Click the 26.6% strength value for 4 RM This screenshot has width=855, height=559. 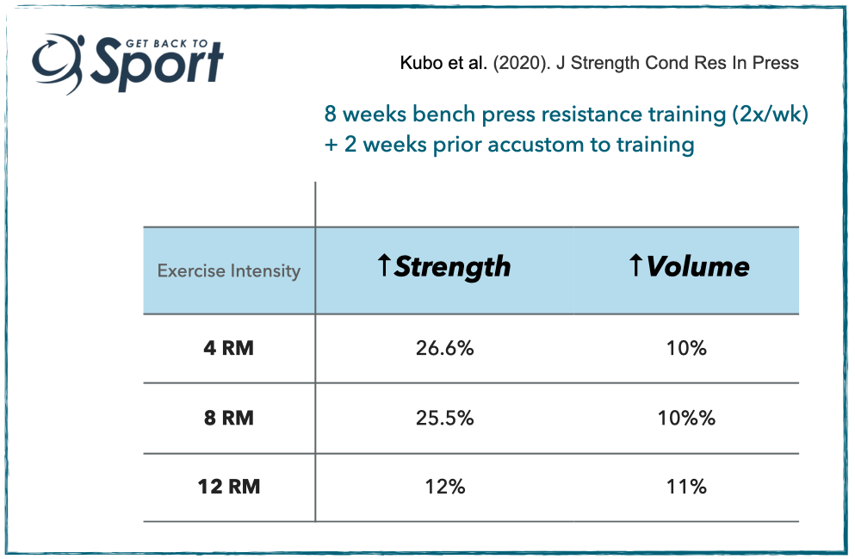pyautogui.click(x=444, y=348)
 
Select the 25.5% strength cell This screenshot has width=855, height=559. pyautogui.click(x=444, y=418)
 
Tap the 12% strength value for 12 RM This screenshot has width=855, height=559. pyautogui.click(x=445, y=487)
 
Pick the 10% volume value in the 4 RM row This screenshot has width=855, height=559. pyautogui.click(x=686, y=348)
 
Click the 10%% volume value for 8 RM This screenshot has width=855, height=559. pyautogui.click(x=686, y=418)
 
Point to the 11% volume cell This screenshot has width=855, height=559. pyautogui.click(x=686, y=487)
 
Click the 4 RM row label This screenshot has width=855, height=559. pyautogui.click(x=228, y=348)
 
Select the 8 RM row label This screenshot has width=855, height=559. pyautogui.click(x=228, y=418)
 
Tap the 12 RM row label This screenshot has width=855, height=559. pyautogui.click(x=228, y=487)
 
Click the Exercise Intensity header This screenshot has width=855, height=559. pyautogui.click(x=229, y=270)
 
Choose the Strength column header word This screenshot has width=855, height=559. pyautogui.click(x=453, y=267)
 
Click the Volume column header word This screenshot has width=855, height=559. pyautogui.click(x=698, y=266)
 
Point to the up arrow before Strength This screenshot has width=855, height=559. pyautogui.click(x=384, y=265)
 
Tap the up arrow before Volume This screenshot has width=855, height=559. pyautogui.click(x=635, y=265)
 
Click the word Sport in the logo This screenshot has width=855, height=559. pyautogui.click(x=157, y=64)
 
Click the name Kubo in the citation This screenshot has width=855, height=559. pyautogui.click(x=421, y=63)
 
